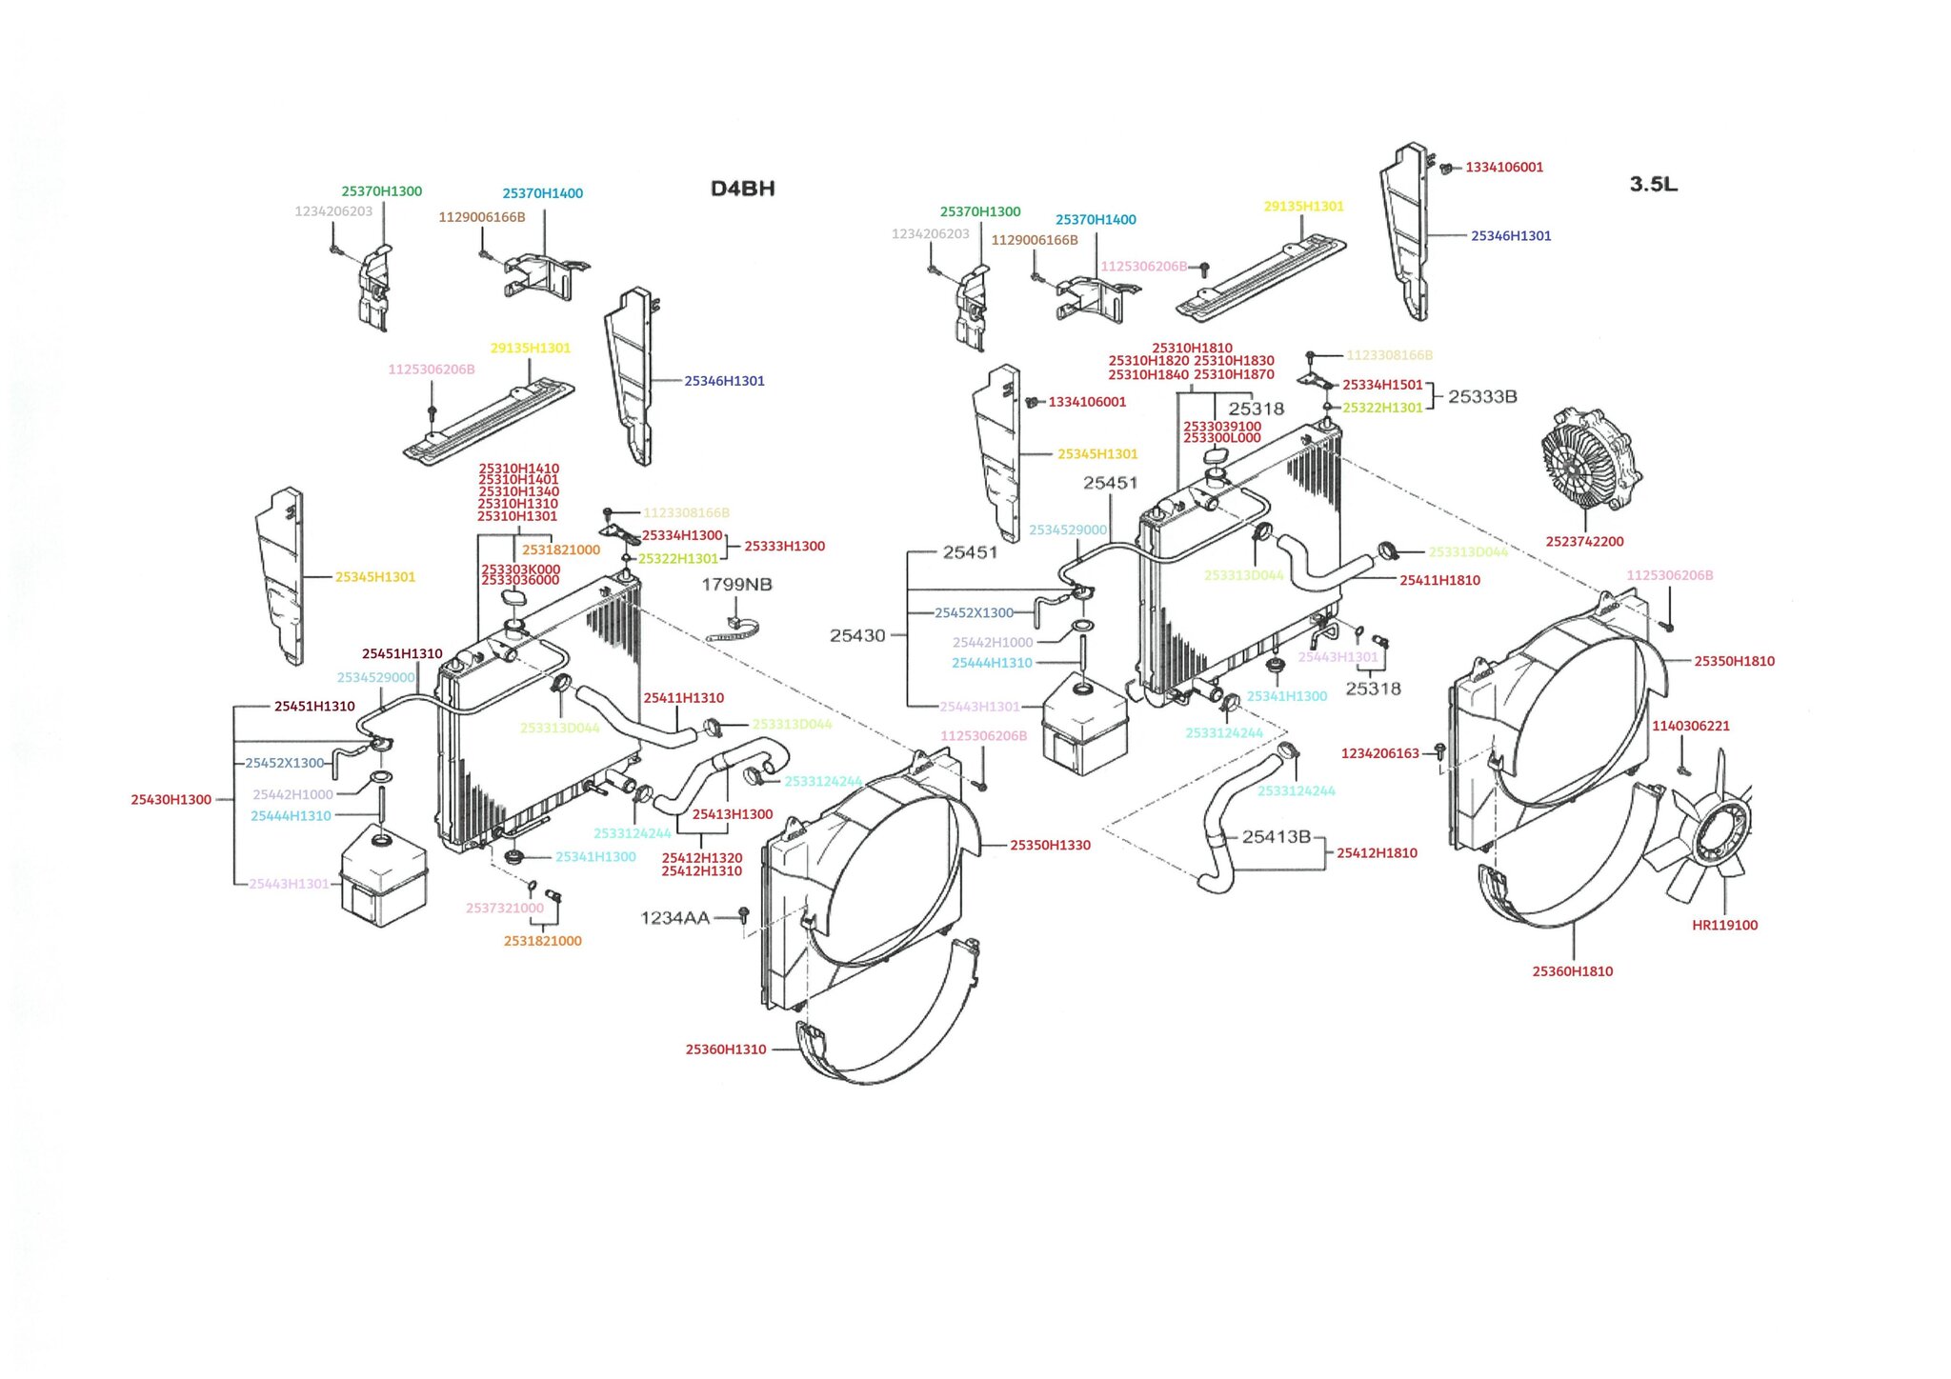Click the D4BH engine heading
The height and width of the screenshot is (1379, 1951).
[742, 189]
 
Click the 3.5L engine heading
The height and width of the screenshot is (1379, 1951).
[1653, 184]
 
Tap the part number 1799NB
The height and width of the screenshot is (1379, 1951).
[736, 584]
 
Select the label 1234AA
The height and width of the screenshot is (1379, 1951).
[674, 918]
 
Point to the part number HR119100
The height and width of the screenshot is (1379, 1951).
[1724, 925]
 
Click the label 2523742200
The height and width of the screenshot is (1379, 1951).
[1584, 541]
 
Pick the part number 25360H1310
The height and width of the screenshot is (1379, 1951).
[725, 1049]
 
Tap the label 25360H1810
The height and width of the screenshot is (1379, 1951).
[1572, 971]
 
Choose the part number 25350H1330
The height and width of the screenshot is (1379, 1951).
[1050, 845]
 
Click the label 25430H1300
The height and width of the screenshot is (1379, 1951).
[171, 800]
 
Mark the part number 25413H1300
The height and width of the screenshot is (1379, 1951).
[732, 814]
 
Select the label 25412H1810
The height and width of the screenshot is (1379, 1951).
[1377, 852]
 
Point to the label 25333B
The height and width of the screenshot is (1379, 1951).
[1482, 396]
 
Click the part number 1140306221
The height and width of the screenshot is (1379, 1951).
[1690, 726]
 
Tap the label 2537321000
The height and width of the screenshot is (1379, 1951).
[504, 908]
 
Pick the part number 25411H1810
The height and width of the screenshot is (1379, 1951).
[1439, 580]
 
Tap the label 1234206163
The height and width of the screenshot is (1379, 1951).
[1379, 753]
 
